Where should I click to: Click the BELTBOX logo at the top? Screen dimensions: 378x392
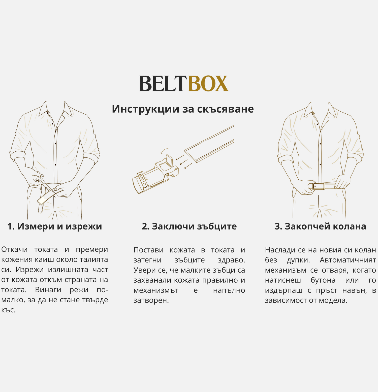184,83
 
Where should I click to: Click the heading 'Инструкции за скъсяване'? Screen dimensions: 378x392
183,109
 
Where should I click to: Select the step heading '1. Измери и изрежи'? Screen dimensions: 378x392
55,226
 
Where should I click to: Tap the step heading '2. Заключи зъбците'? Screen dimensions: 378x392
189,226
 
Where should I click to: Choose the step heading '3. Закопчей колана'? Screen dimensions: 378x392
320,226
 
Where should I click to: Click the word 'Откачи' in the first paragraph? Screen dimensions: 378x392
14,249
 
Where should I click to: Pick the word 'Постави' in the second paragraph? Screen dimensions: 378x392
148,250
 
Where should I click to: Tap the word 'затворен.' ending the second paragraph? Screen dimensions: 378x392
151,300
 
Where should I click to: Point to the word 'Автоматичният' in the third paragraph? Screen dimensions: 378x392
348,260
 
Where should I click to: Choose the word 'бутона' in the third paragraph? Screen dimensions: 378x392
323,280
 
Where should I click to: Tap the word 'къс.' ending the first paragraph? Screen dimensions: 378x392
9,310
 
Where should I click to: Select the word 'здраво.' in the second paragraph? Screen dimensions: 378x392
231,260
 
